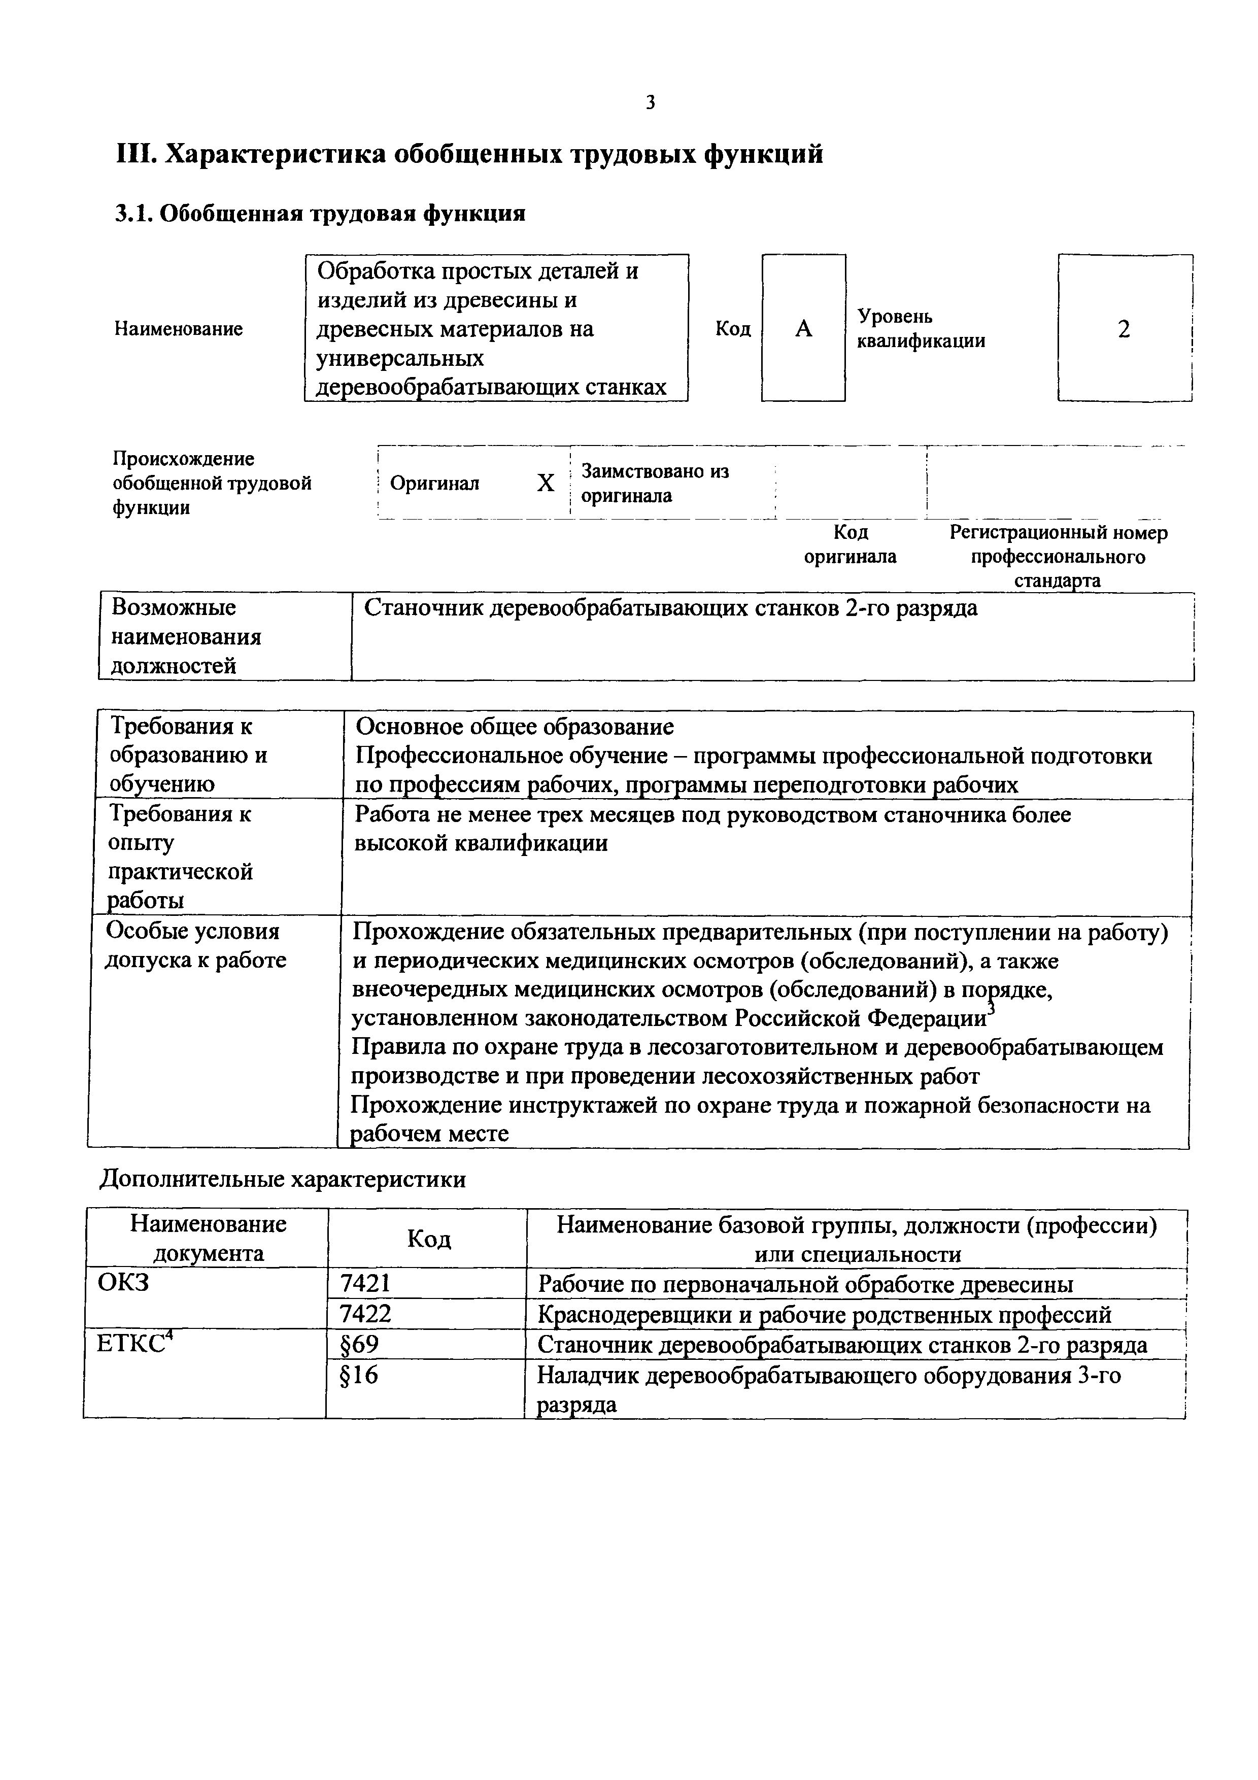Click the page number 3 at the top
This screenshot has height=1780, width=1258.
(x=650, y=102)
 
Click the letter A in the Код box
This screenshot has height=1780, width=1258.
(x=804, y=329)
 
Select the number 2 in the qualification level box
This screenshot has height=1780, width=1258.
(x=1124, y=329)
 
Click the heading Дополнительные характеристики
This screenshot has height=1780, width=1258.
(x=283, y=1179)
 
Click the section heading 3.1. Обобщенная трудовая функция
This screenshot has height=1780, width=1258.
(x=320, y=213)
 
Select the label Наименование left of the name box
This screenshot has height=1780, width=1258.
(x=178, y=329)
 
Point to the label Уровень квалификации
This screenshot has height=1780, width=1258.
(x=921, y=329)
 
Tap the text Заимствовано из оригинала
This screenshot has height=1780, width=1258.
(x=655, y=483)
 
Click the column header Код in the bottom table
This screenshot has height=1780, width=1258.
(x=429, y=1239)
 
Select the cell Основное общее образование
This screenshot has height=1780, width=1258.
(x=515, y=727)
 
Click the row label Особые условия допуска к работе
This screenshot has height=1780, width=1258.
(x=195, y=945)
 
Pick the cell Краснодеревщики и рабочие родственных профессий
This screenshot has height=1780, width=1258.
(x=825, y=1314)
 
